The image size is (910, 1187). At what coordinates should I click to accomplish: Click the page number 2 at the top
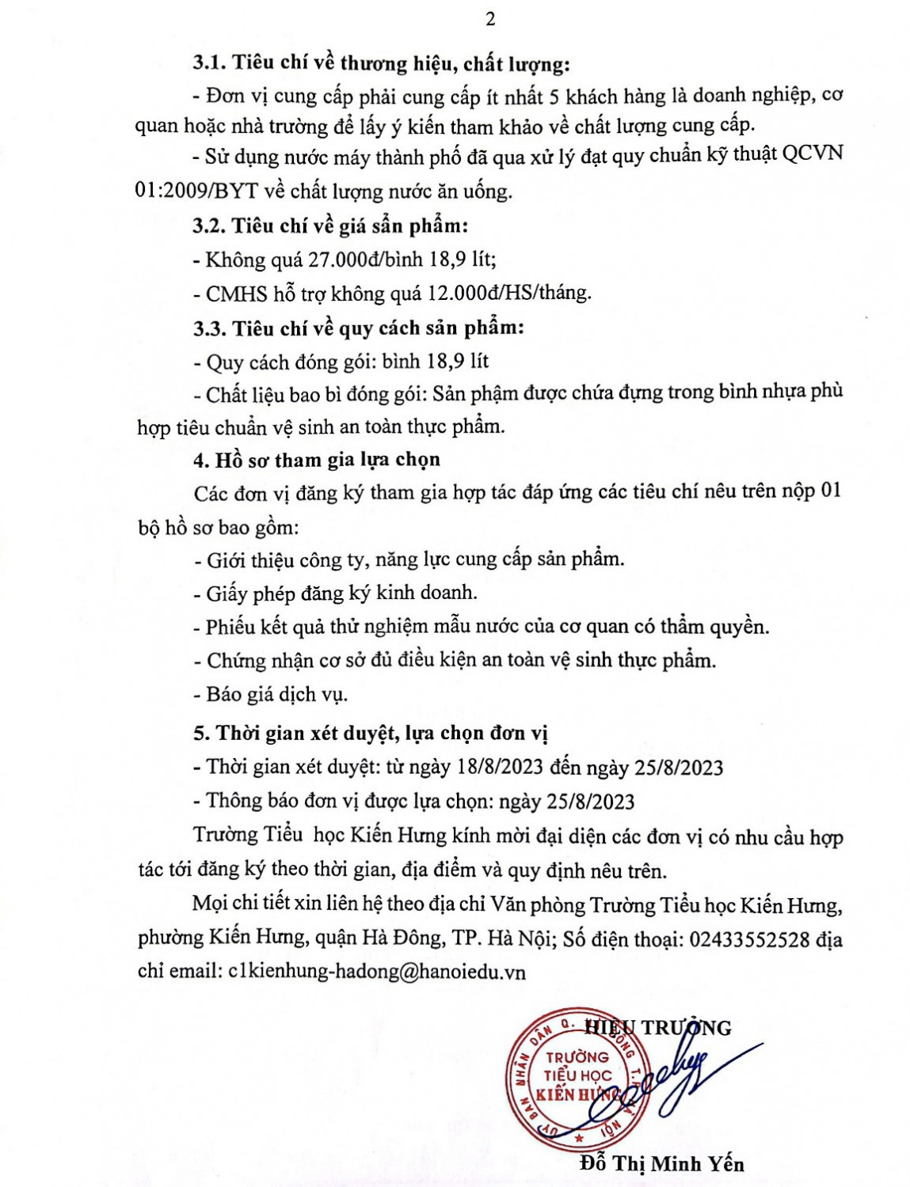click(490, 19)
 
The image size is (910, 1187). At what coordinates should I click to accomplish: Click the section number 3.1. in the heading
click(209, 63)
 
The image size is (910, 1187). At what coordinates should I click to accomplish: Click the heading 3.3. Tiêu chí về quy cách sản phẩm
click(358, 328)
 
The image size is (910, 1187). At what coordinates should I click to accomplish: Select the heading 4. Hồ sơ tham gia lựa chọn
click(317, 460)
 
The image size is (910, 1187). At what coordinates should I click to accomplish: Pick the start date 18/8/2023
click(497, 767)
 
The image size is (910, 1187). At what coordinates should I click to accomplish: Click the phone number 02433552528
click(749, 939)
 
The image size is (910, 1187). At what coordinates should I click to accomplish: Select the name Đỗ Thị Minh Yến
click(662, 1163)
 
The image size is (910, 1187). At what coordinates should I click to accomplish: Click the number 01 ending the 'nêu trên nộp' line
click(829, 491)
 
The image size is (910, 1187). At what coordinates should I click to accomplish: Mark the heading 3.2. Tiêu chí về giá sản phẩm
click(330, 226)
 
